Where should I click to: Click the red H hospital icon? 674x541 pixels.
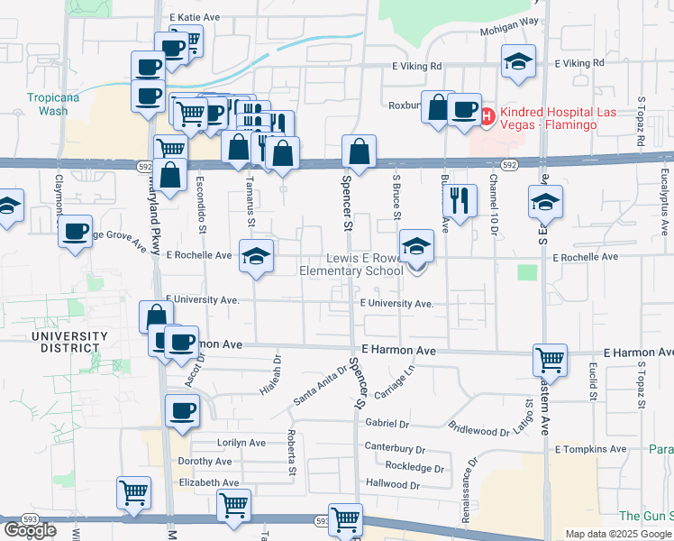[487, 116]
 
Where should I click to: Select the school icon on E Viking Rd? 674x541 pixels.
[517, 63]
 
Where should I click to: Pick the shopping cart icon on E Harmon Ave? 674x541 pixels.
[550, 361]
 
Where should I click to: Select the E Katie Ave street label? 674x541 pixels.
[194, 17]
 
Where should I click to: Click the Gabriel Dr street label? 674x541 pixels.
[387, 423]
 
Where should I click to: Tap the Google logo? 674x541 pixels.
[30, 530]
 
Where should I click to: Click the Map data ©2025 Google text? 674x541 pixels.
[618, 534]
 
